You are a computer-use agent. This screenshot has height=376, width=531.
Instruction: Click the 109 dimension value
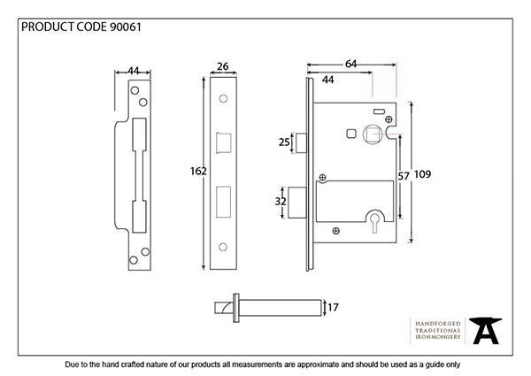[422, 175]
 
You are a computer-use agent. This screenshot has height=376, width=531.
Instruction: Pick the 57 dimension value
[404, 177]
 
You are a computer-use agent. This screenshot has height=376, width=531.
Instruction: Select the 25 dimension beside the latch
[285, 142]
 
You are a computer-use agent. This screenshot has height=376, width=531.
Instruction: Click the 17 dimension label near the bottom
[333, 308]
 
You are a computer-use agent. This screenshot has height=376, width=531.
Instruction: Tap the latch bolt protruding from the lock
[301, 142]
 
